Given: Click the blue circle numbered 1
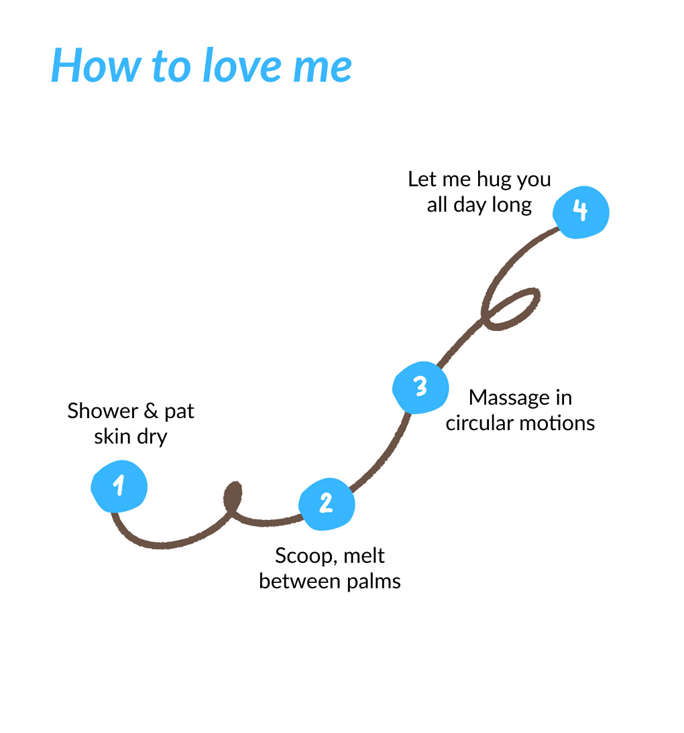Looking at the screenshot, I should coord(119,486).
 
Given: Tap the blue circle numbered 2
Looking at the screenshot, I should coord(327,503).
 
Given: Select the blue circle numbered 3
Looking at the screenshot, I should coord(420,387).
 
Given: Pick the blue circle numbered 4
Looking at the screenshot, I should coord(581,211).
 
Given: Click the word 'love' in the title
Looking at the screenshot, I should coord(239,66).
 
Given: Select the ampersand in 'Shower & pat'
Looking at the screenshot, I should coord(151,411).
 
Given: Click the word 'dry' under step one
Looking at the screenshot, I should coord(152,438).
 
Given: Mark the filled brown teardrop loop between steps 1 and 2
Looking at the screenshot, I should coord(232,497).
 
